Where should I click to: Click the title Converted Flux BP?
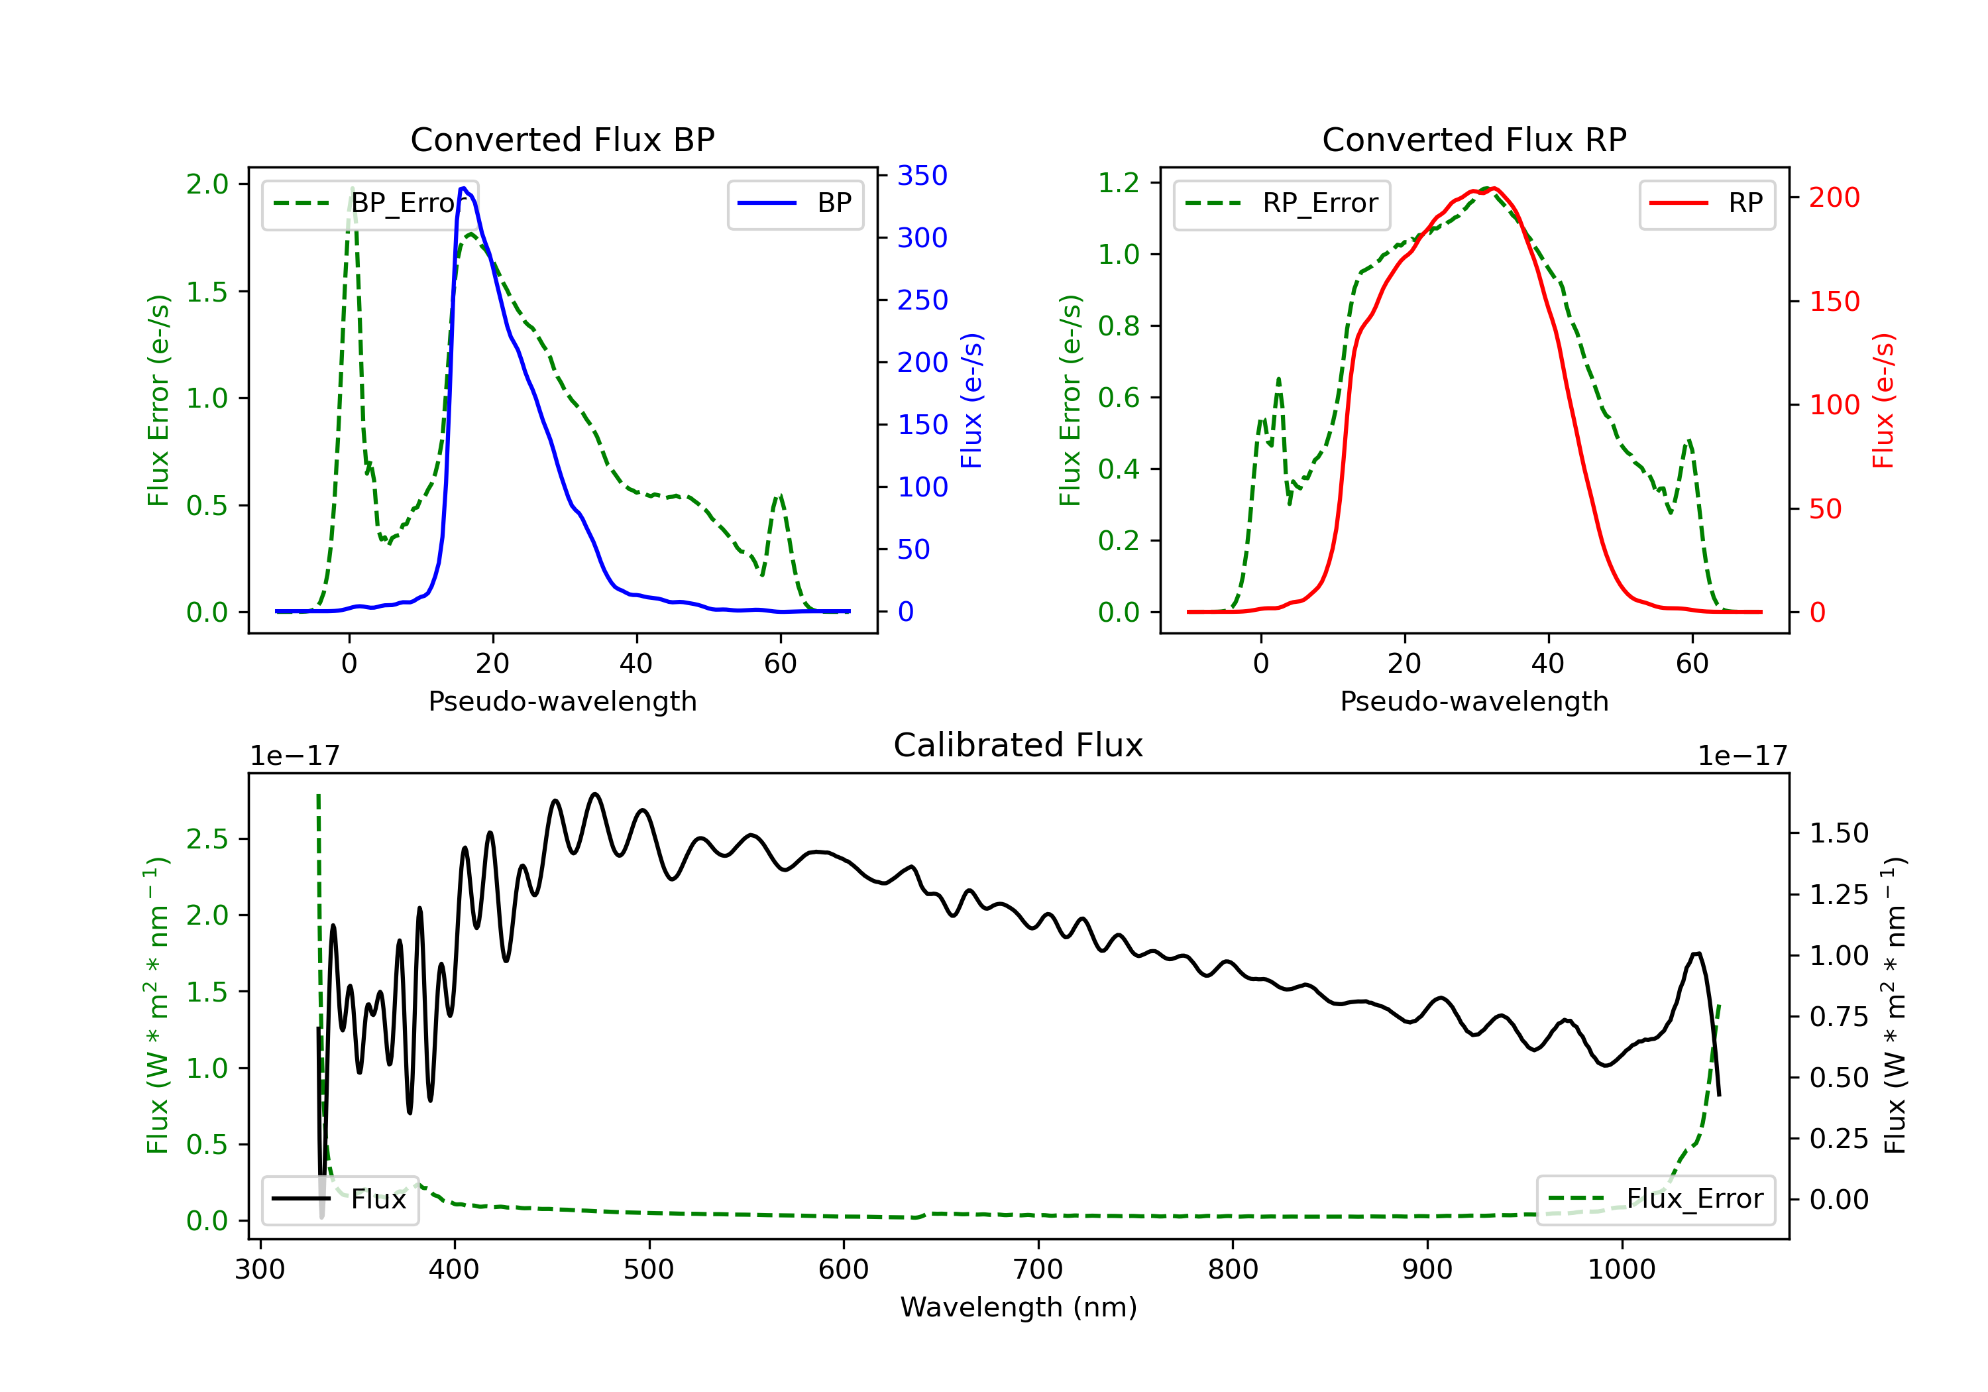point(563,139)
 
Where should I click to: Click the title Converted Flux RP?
point(1474,139)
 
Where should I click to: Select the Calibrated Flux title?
point(1019,745)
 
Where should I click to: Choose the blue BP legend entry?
point(795,203)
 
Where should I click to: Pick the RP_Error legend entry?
point(1282,203)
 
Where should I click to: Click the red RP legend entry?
point(1706,203)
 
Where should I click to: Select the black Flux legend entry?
point(339,1199)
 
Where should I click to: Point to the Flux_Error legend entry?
point(1655,1199)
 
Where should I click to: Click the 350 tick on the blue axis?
point(922,176)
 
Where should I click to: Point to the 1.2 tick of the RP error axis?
point(1119,183)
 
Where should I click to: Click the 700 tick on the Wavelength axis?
point(1038,1270)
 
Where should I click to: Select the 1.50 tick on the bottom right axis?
point(1839,833)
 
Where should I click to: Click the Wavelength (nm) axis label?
point(1019,1307)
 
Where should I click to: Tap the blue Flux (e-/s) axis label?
point(971,401)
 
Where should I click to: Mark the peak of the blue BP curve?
point(464,188)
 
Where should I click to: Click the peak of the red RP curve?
point(1494,188)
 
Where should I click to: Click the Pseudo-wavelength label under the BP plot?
point(563,701)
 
